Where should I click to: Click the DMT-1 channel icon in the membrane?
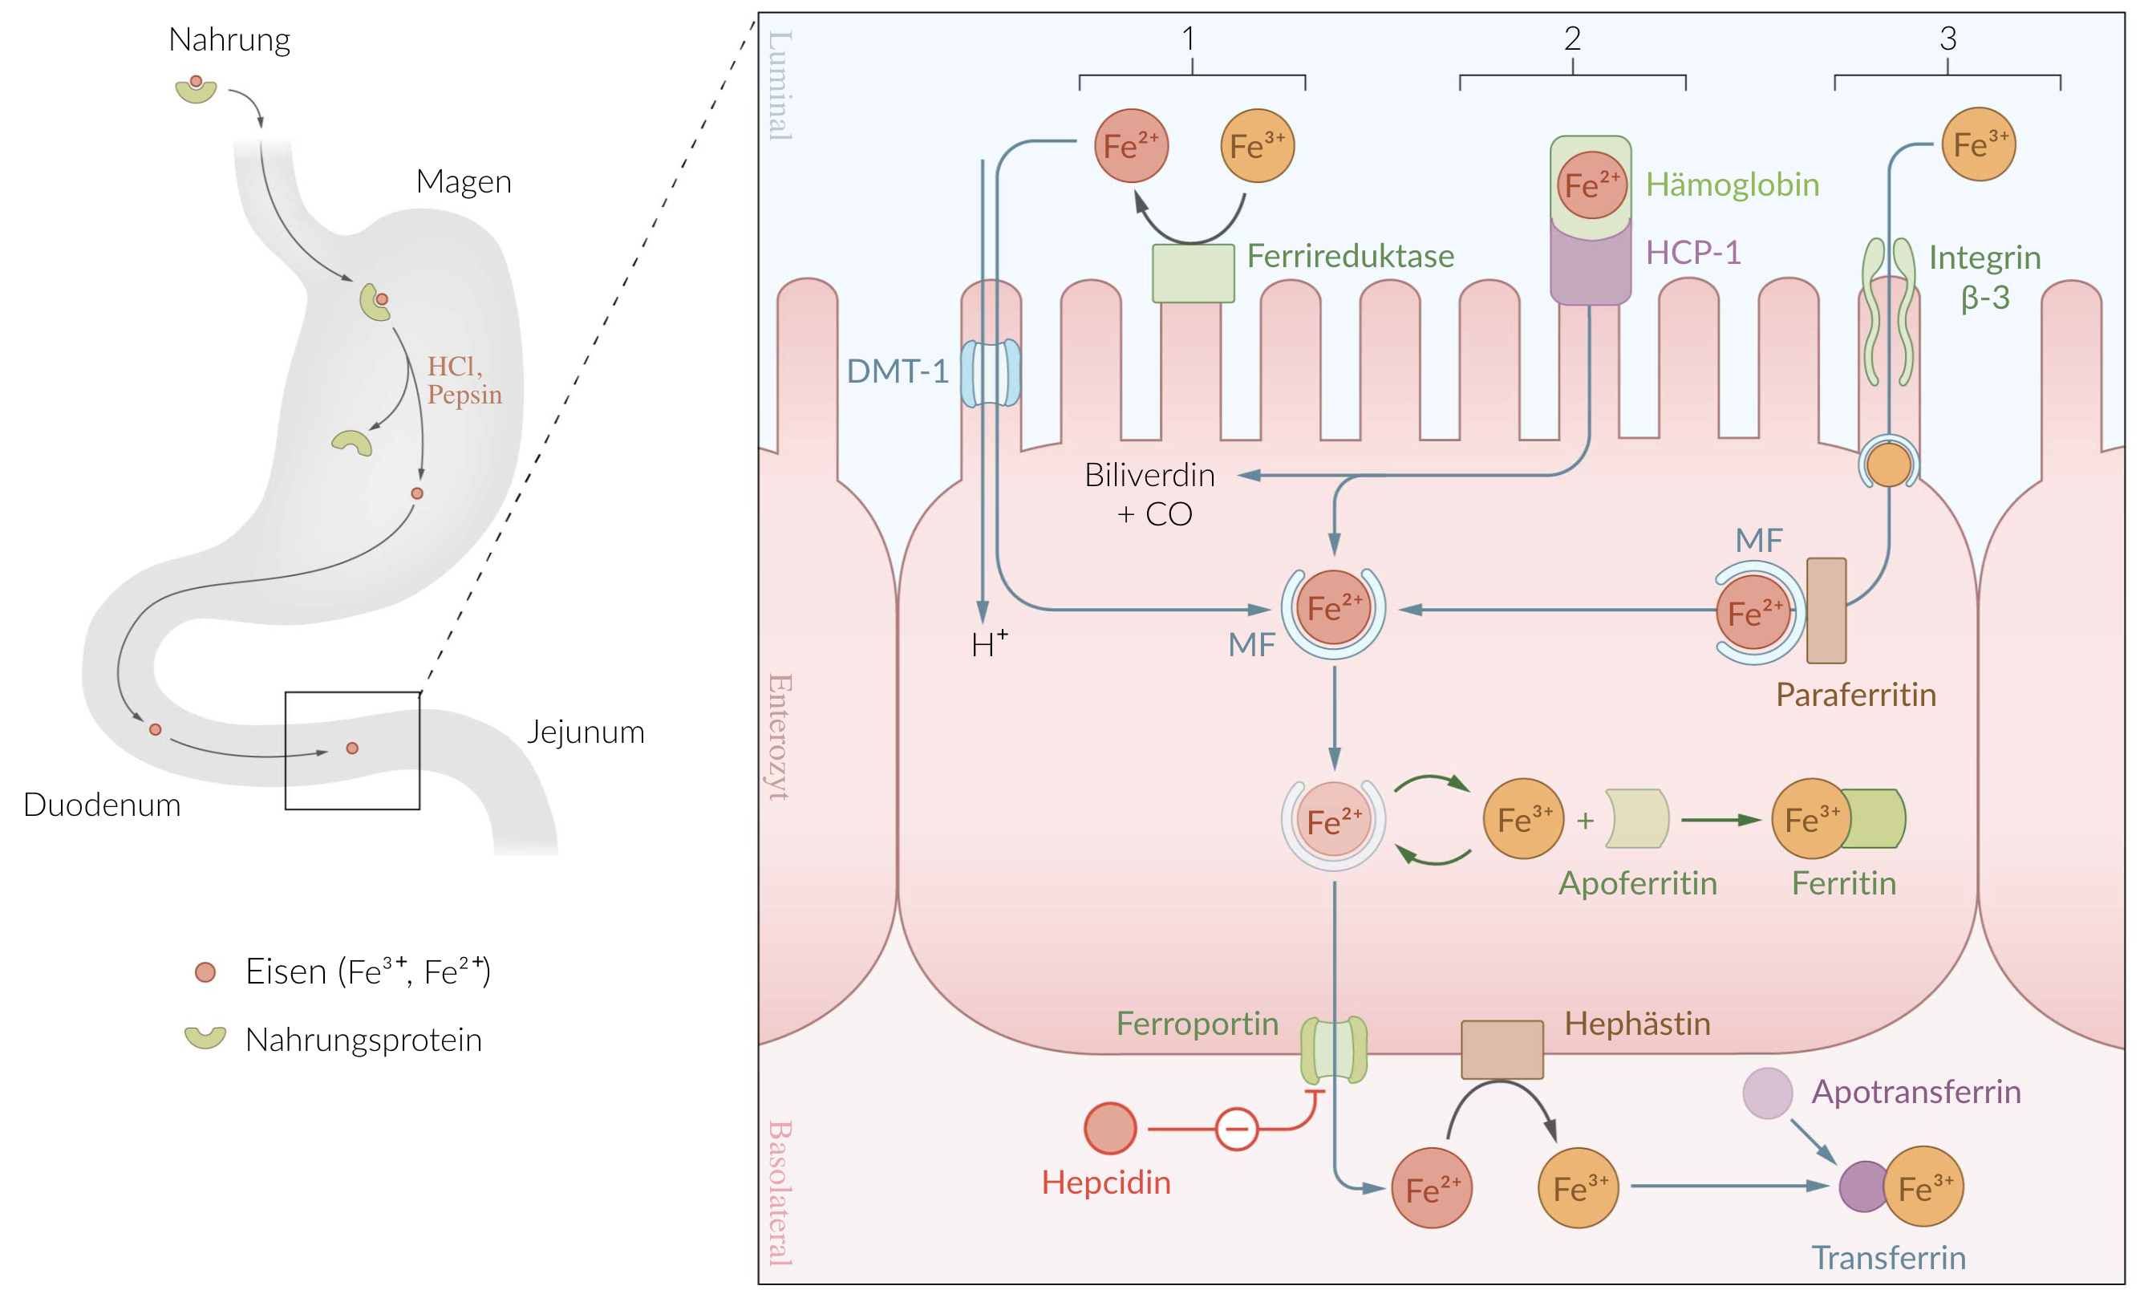pos(991,373)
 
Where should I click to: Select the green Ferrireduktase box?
pos(1193,273)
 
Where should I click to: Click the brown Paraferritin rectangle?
pos(1826,610)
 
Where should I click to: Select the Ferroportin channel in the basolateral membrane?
pos(1333,1049)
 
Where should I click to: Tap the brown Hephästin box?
pos(1502,1049)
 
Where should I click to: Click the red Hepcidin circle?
pos(1110,1128)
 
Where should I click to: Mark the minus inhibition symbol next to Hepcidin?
pos(1236,1129)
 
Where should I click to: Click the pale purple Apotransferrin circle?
pos(1766,1093)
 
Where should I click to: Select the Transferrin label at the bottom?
pos(1888,1257)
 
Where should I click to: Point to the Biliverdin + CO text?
pos(1151,493)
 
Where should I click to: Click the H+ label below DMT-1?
pos(988,643)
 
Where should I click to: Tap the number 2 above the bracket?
pos(1572,39)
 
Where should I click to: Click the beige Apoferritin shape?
pos(1636,818)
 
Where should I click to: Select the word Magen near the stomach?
pos(463,181)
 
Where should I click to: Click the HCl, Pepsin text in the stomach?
pos(464,380)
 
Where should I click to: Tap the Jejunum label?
pos(585,732)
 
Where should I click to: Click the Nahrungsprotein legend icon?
pos(205,1036)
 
